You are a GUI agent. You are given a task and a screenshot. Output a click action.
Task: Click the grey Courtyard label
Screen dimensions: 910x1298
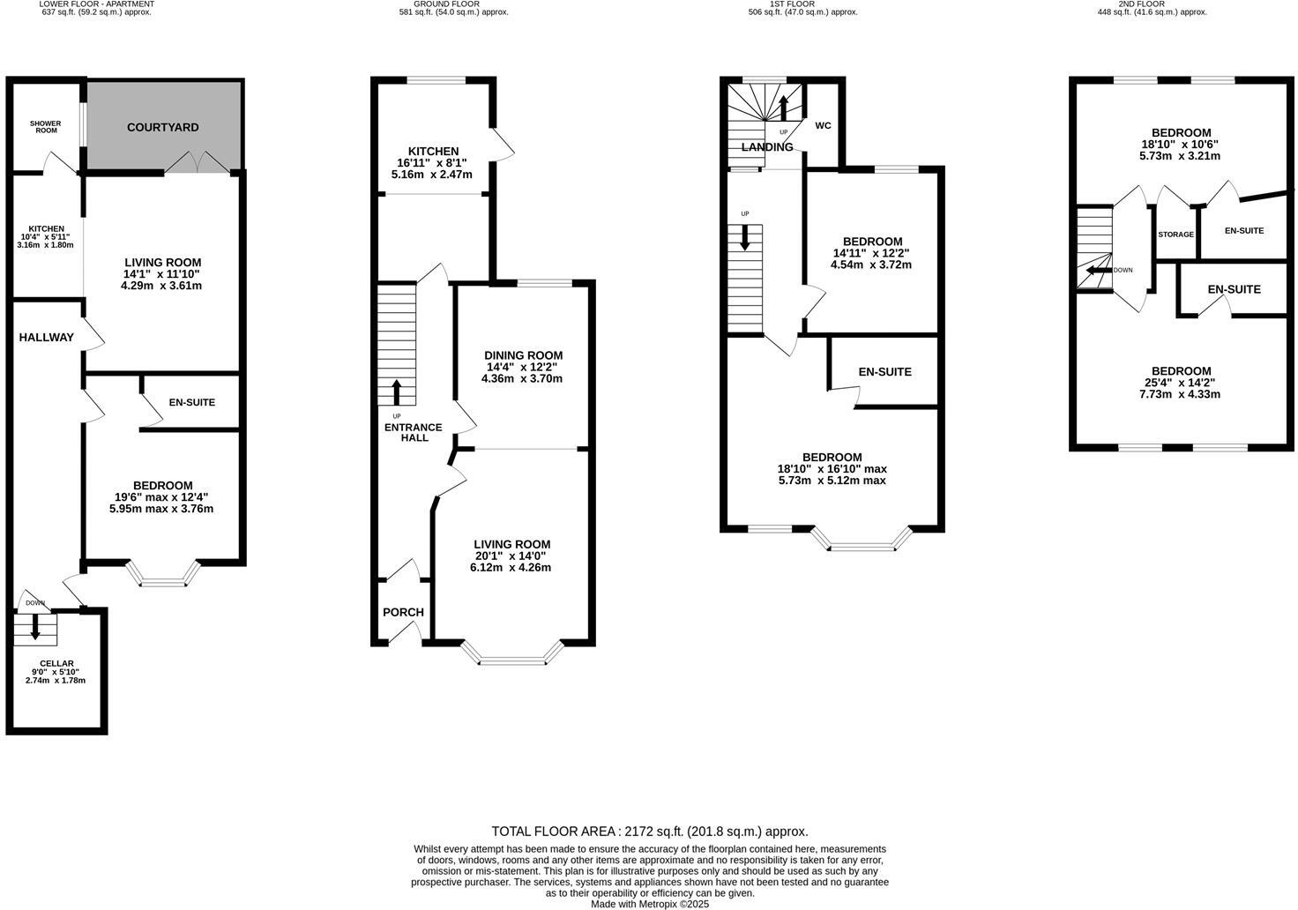tap(163, 127)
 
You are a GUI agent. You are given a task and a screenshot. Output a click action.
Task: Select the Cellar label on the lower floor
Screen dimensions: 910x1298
tap(56, 663)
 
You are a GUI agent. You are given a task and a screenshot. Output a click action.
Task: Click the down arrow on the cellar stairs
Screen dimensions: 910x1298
tap(35, 627)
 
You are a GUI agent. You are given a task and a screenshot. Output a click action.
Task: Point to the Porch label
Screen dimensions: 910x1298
tap(403, 612)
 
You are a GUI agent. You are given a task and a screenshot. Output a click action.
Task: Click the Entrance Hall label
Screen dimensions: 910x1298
tap(414, 432)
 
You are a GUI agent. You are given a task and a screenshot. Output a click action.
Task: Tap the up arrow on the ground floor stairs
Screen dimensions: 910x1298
tap(396, 391)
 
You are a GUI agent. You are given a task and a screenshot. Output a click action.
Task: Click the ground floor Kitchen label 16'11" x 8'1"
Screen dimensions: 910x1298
tap(433, 162)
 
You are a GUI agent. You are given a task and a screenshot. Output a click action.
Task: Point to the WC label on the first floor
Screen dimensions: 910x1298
tap(823, 125)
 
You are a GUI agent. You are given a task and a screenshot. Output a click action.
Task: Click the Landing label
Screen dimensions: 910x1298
tap(766, 147)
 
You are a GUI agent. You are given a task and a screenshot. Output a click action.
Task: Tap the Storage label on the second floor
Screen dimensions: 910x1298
tap(1175, 235)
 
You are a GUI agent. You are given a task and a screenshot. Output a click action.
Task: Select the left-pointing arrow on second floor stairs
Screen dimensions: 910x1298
tap(1097, 270)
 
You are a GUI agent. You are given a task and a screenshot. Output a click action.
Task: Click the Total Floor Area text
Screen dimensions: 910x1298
tap(649, 831)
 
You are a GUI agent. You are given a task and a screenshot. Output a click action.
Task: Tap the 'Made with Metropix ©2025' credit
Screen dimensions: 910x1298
tap(649, 904)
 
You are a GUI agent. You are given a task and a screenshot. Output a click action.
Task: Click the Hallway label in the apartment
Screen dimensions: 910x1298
tap(47, 337)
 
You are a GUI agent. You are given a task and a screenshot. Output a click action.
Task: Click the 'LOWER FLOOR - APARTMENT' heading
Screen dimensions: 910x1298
tap(97, 4)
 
